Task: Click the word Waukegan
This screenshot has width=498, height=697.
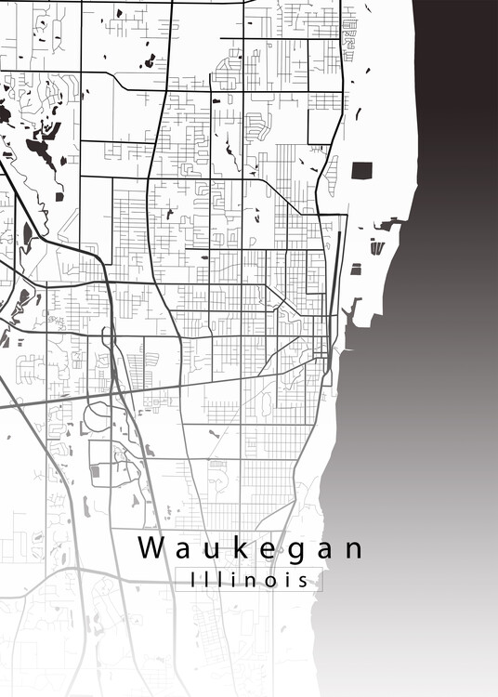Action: (x=251, y=548)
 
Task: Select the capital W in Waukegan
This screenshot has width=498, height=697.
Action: (x=152, y=548)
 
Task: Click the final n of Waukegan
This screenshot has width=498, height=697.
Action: (x=352, y=550)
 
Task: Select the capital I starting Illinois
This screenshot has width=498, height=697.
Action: (x=192, y=579)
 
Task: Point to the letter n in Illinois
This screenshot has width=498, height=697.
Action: (x=244, y=580)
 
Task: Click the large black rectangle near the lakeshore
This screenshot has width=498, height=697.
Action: (x=361, y=171)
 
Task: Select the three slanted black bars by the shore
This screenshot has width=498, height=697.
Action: (x=376, y=247)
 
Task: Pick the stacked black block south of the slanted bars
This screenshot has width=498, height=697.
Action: (x=356, y=270)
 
